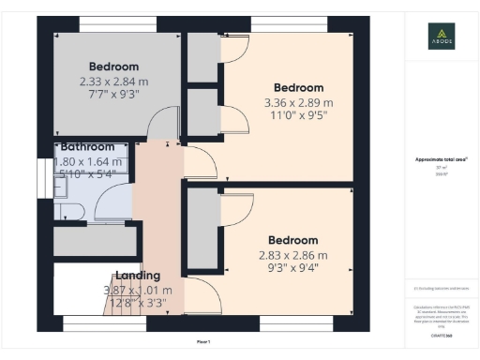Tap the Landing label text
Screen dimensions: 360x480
(137, 276)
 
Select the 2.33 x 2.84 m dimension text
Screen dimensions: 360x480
(113, 82)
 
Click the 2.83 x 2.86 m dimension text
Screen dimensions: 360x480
(293, 255)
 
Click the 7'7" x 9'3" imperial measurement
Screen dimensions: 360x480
(113, 97)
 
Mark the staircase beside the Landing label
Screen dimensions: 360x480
(94, 295)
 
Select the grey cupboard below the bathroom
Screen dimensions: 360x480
(94, 241)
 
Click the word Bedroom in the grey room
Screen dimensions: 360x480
(113, 66)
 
